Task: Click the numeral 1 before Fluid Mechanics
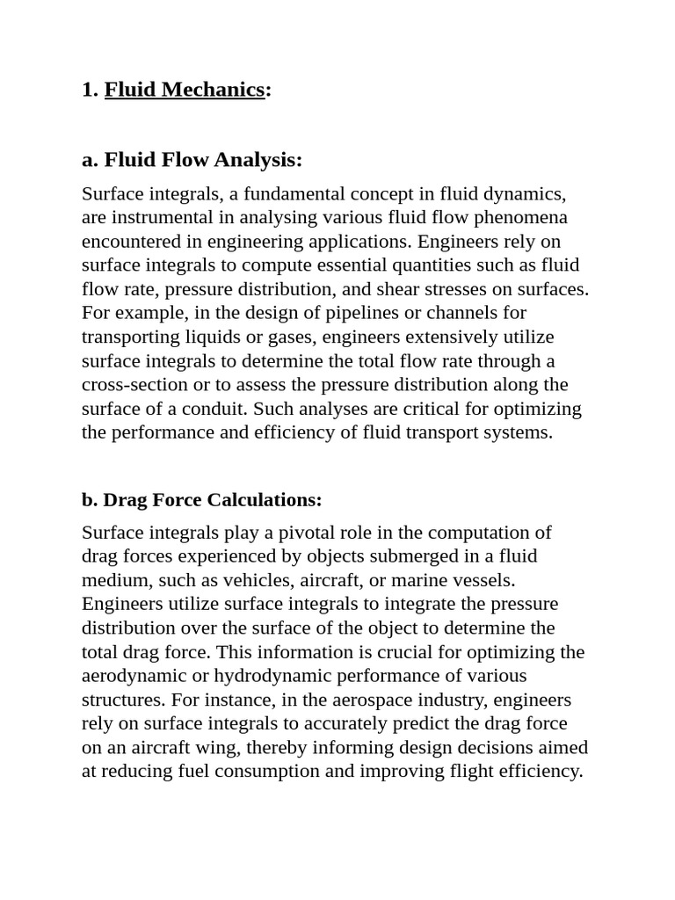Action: coord(88,90)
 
